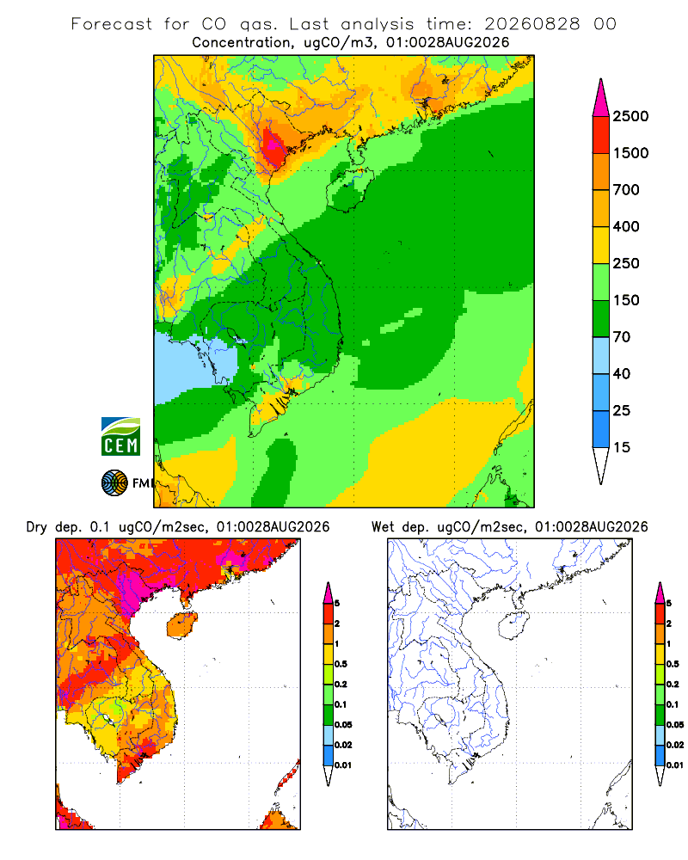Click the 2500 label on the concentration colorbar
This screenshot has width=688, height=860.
click(630, 116)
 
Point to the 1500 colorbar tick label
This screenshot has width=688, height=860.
click(630, 153)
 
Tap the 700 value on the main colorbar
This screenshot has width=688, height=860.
click(626, 190)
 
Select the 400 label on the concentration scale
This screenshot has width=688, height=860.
click(626, 226)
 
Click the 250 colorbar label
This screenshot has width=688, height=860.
click(626, 263)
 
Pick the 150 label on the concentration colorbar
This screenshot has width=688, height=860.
click(626, 300)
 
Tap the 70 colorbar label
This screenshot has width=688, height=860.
click(622, 337)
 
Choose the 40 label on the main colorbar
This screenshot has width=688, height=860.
click(622, 373)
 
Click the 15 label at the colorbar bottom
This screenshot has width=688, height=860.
click(622, 447)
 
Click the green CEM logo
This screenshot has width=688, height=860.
click(120, 437)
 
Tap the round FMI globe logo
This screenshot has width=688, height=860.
click(114, 483)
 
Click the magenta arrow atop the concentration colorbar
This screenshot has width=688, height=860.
click(601, 98)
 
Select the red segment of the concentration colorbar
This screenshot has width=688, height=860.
click(601, 135)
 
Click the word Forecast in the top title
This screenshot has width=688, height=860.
click(112, 23)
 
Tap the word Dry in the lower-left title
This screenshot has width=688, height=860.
click(37, 527)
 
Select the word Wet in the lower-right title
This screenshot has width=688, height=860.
click(383, 527)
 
